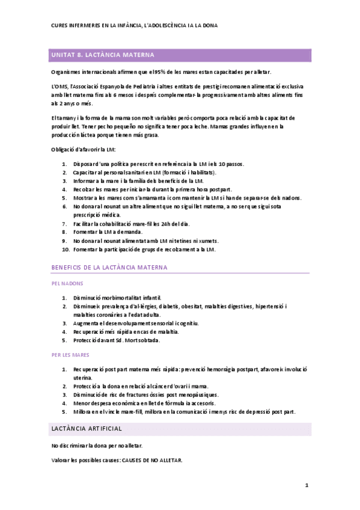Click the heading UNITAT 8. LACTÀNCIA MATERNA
pyautogui.click(x=103, y=55)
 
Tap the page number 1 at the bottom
pyautogui.click(x=307, y=485)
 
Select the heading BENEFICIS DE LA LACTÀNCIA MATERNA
pyautogui.click(x=109, y=266)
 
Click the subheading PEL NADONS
pyautogui.click(x=67, y=283)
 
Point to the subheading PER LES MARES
pyautogui.click(x=71, y=355)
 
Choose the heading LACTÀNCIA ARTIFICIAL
pyautogui.click(x=87, y=428)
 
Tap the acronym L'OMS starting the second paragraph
pyautogui.click(x=59, y=87)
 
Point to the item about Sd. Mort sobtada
pyautogui.click(x=117, y=340)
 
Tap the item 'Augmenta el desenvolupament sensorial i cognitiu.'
pyautogui.click(x=136, y=323)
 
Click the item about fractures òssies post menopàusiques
pyautogui.click(x=145, y=395)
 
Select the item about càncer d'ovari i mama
pyautogui.click(x=140, y=386)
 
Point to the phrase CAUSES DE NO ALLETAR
pyautogui.click(x=151, y=460)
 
